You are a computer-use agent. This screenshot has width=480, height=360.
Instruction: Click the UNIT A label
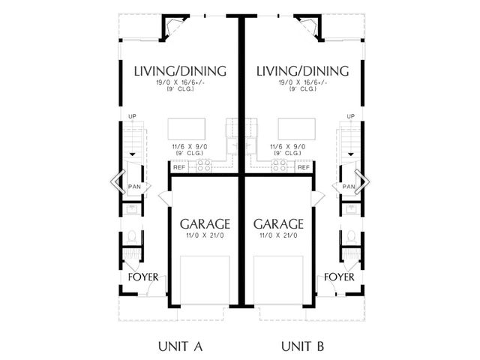coord(181,346)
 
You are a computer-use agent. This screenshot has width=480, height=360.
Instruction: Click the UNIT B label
coord(302,346)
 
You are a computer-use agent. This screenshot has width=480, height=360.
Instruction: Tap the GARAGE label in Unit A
coord(205,224)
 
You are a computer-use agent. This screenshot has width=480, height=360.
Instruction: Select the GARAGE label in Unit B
coord(278,224)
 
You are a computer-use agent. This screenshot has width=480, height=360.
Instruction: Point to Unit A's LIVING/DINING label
coord(180,71)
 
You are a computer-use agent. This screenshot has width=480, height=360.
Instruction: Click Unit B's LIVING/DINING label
coord(302,71)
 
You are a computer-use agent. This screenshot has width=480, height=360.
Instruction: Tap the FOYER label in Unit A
coord(143,277)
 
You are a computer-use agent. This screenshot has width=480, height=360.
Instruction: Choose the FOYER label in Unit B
coord(339,277)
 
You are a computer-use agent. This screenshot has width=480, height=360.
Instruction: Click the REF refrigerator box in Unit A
coord(179,167)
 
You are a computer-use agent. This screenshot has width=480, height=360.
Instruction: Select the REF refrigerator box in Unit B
coord(303,167)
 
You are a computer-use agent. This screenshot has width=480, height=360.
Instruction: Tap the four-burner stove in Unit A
coord(204,166)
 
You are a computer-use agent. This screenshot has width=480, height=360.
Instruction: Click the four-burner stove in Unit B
coord(280,166)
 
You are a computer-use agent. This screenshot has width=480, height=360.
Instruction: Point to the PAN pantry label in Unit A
coord(134,187)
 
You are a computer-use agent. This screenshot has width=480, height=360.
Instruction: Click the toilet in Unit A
coord(132,238)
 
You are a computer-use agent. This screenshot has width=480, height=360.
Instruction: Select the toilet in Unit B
coord(351,238)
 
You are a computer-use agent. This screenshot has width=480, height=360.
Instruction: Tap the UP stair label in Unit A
coord(132,116)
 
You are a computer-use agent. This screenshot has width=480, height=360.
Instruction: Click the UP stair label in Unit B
coord(351,116)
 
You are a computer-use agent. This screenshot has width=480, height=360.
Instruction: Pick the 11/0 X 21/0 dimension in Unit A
coord(205,235)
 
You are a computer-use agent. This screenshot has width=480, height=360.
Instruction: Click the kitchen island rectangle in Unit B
coord(297,129)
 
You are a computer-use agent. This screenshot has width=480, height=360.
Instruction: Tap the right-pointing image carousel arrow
coord(362,181)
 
